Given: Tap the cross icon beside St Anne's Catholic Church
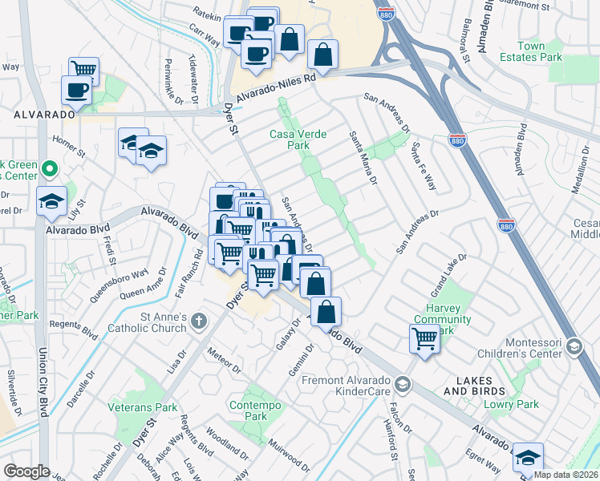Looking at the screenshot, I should click(x=200, y=322).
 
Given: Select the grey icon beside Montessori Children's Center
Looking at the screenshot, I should click(x=574, y=346).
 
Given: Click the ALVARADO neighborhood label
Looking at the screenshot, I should click(x=44, y=115).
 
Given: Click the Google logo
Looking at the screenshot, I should click(x=26, y=471).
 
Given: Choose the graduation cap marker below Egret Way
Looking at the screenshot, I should click(x=527, y=456).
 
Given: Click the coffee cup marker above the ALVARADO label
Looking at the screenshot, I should click(x=77, y=90).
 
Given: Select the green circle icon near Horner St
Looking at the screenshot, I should click(x=49, y=169).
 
